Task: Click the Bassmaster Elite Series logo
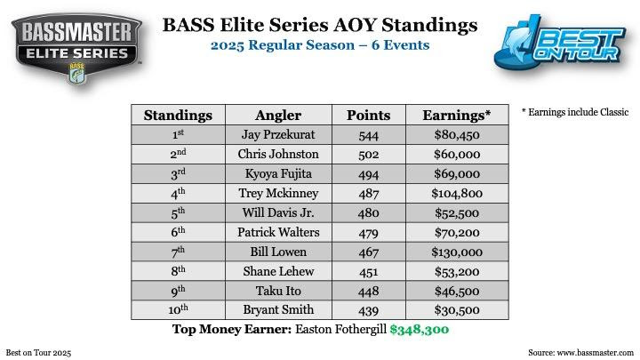(76, 49)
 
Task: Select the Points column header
(369, 115)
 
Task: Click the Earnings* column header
(457, 115)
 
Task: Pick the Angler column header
(278, 115)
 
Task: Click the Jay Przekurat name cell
(278, 135)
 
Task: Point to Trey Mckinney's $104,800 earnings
(457, 193)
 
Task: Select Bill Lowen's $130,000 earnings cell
(457, 252)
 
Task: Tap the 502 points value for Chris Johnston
(369, 155)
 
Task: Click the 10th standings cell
(178, 309)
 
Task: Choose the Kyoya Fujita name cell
(278, 174)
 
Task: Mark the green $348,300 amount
(420, 330)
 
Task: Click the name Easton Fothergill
(340, 329)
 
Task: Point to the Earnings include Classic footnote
(575, 112)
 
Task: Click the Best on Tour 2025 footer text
(38, 353)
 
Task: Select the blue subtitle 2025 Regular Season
(283, 45)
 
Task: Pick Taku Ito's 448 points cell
(369, 291)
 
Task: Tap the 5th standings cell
(178, 212)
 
